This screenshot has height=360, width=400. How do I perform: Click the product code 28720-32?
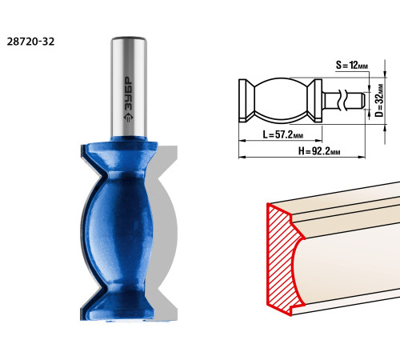30,42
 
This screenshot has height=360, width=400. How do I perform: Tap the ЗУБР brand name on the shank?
129,93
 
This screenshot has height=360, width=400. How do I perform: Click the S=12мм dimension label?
352,65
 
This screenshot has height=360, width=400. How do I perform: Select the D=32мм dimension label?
379,100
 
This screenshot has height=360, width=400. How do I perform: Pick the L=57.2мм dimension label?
283,134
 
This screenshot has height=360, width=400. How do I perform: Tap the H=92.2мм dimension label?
319,151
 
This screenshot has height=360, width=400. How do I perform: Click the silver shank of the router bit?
129,86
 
